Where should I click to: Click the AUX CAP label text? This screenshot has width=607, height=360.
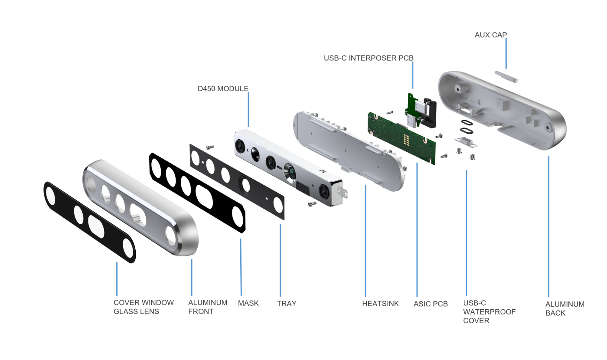[x=490, y=35]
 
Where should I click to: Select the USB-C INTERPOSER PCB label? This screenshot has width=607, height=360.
[x=369, y=58]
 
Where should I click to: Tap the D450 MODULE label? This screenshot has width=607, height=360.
[x=223, y=88]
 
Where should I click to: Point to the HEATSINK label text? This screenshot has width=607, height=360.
[x=380, y=304]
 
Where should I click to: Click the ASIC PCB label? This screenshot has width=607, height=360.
[x=431, y=304]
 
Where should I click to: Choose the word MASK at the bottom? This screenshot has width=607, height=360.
[x=248, y=303]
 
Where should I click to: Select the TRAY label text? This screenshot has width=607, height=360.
[x=287, y=304]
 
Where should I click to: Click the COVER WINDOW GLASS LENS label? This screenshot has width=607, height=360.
[x=144, y=307]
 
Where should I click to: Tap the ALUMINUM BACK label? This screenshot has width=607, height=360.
[x=565, y=308]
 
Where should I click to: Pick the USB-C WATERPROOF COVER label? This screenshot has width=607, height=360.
[x=489, y=312]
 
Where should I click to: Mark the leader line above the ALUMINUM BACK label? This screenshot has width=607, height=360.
[x=548, y=226]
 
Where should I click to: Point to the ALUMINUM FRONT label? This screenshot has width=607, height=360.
[x=207, y=307]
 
